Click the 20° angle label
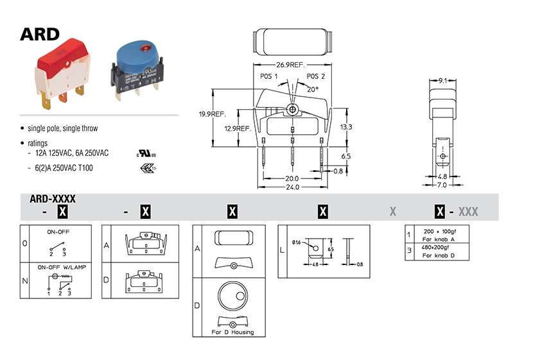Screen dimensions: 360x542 [313, 89]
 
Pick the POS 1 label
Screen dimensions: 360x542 [268, 76]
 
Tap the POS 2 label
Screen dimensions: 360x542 [315, 76]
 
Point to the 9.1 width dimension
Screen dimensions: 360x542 [442, 81]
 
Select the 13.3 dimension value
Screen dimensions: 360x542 [345, 126]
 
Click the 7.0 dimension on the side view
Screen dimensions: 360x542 [443, 185]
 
